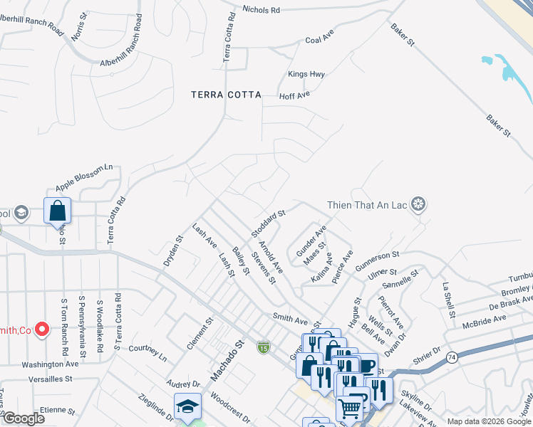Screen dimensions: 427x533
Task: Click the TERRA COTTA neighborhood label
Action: pyautogui.click(x=226, y=94)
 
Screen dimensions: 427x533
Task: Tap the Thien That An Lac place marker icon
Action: pyautogui.click(x=419, y=206)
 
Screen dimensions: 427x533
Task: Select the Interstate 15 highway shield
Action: pyautogui.click(x=264, y=347)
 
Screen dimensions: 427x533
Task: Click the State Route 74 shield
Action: pyautogui.click(x=452, y=357)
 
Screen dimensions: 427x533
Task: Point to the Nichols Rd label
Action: pyautogui.click(x=262, y=10)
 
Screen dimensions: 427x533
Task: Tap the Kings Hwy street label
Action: pyautogui.click(x=306, y=74)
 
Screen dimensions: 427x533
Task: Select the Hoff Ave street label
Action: pyautogui.click(x=294, y=95)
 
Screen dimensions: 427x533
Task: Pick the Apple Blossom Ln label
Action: pyautogui.click(x=84, y=178)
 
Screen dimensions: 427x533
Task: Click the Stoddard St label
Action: pyautogui.click(x=268, y=223)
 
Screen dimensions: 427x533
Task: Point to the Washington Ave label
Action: pyautogui.click(x=50, y=364)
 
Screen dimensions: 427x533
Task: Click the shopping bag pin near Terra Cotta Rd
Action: pyautogui.click(x=57, y=211)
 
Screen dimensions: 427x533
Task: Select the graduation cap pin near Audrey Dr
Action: pyautogui.click(x=187, y=406)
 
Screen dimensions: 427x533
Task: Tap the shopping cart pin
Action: pyautogui.click(x=349, y=408)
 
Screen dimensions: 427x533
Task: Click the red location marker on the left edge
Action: pyautogui.click(x=41, y=329)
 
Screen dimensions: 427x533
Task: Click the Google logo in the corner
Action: pyautogui.click(x=24, y=418)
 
